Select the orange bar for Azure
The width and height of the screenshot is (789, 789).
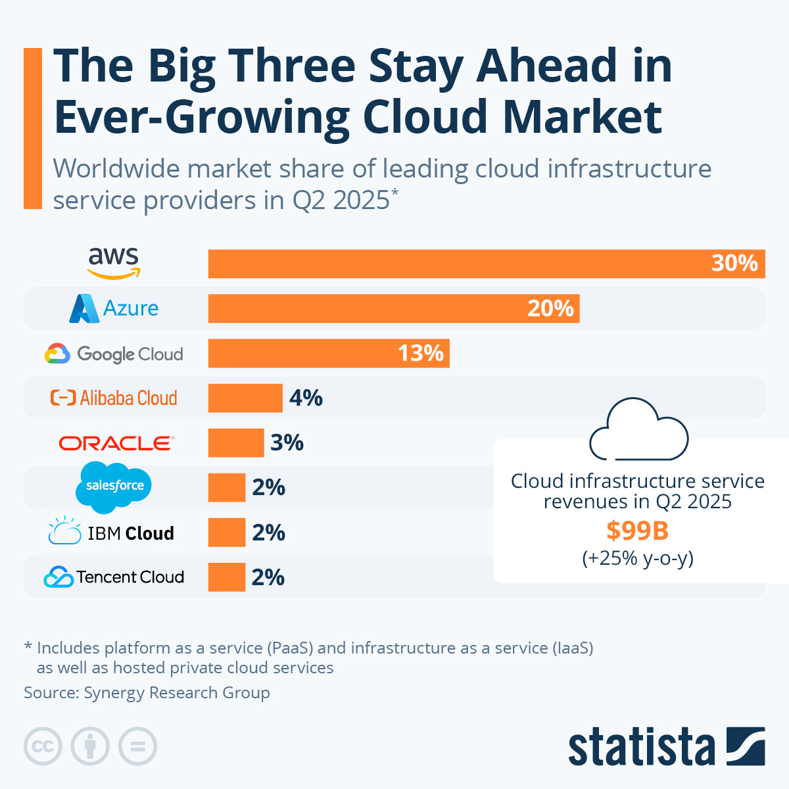point(393,308)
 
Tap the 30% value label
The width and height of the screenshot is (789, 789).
point(734,263)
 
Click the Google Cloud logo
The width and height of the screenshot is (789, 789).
point(114,354)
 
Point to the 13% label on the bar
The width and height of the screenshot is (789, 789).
point(421,353)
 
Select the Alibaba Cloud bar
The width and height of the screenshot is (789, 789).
point(245,398)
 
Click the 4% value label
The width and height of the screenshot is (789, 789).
point(306,398)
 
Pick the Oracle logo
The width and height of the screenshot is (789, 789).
point(116,443)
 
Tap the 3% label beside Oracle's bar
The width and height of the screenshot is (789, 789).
point(287,442)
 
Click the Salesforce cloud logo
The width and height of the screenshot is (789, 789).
point(114,487)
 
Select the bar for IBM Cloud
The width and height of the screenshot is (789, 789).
point(227,532)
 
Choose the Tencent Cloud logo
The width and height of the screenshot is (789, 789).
point(114,577)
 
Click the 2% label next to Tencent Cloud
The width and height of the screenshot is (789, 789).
point(268,577)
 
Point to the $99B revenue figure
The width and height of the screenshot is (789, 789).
point(637,530)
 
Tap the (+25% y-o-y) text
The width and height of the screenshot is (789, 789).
point(637,558)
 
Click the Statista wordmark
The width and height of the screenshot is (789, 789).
point(641,748)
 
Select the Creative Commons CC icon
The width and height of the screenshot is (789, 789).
point(43,746)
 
